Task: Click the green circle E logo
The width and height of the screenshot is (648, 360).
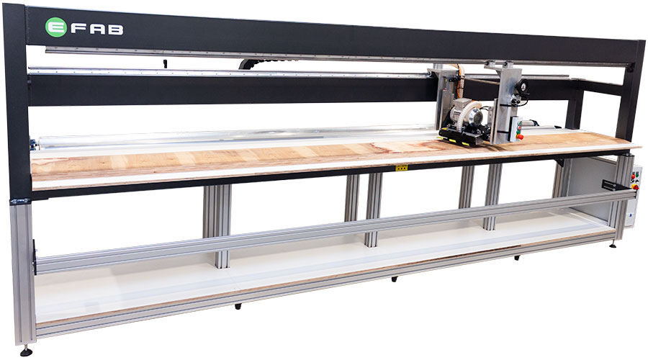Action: click(55, 27)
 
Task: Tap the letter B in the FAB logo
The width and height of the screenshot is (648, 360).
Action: click(116, 30)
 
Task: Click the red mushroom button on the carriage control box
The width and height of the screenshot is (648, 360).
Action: click(520, 136)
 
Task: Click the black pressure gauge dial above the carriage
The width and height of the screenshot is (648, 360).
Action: click(525, 86)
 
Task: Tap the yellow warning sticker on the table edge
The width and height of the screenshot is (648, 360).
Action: click(401, 168)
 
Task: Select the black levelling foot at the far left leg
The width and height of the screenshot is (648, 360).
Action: click(27, 352)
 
